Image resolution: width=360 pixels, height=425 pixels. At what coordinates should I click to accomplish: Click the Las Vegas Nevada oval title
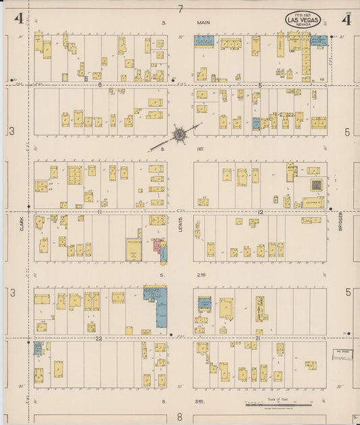point(303,20)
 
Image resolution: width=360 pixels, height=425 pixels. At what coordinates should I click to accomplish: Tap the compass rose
point(180,134)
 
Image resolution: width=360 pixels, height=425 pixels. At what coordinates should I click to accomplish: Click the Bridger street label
point(341,219)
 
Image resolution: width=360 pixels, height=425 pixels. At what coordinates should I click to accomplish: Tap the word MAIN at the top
point(204,23)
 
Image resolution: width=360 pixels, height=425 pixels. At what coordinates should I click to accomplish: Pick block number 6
point(99,85)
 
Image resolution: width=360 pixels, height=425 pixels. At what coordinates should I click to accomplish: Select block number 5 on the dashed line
point(260,85)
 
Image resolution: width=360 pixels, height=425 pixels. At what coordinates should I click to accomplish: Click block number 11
point(99,212)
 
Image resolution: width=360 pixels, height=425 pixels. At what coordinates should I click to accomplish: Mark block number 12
point(260,212)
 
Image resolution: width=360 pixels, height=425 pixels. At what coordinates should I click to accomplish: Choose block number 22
point(99,337)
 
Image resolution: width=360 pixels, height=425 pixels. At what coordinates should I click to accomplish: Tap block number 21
point(257,337)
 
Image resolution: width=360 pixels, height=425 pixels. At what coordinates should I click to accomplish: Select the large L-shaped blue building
point(158,303)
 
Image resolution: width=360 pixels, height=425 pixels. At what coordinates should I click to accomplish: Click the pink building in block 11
point(158,247)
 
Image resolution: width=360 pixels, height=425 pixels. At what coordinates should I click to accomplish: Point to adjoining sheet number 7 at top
point(180,9)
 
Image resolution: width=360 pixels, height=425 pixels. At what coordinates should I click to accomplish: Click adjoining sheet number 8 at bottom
point(180,417)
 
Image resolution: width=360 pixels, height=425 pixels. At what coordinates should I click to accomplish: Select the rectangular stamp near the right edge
point(342,355)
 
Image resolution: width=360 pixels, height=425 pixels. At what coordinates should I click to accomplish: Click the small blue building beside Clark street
point(38,348)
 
